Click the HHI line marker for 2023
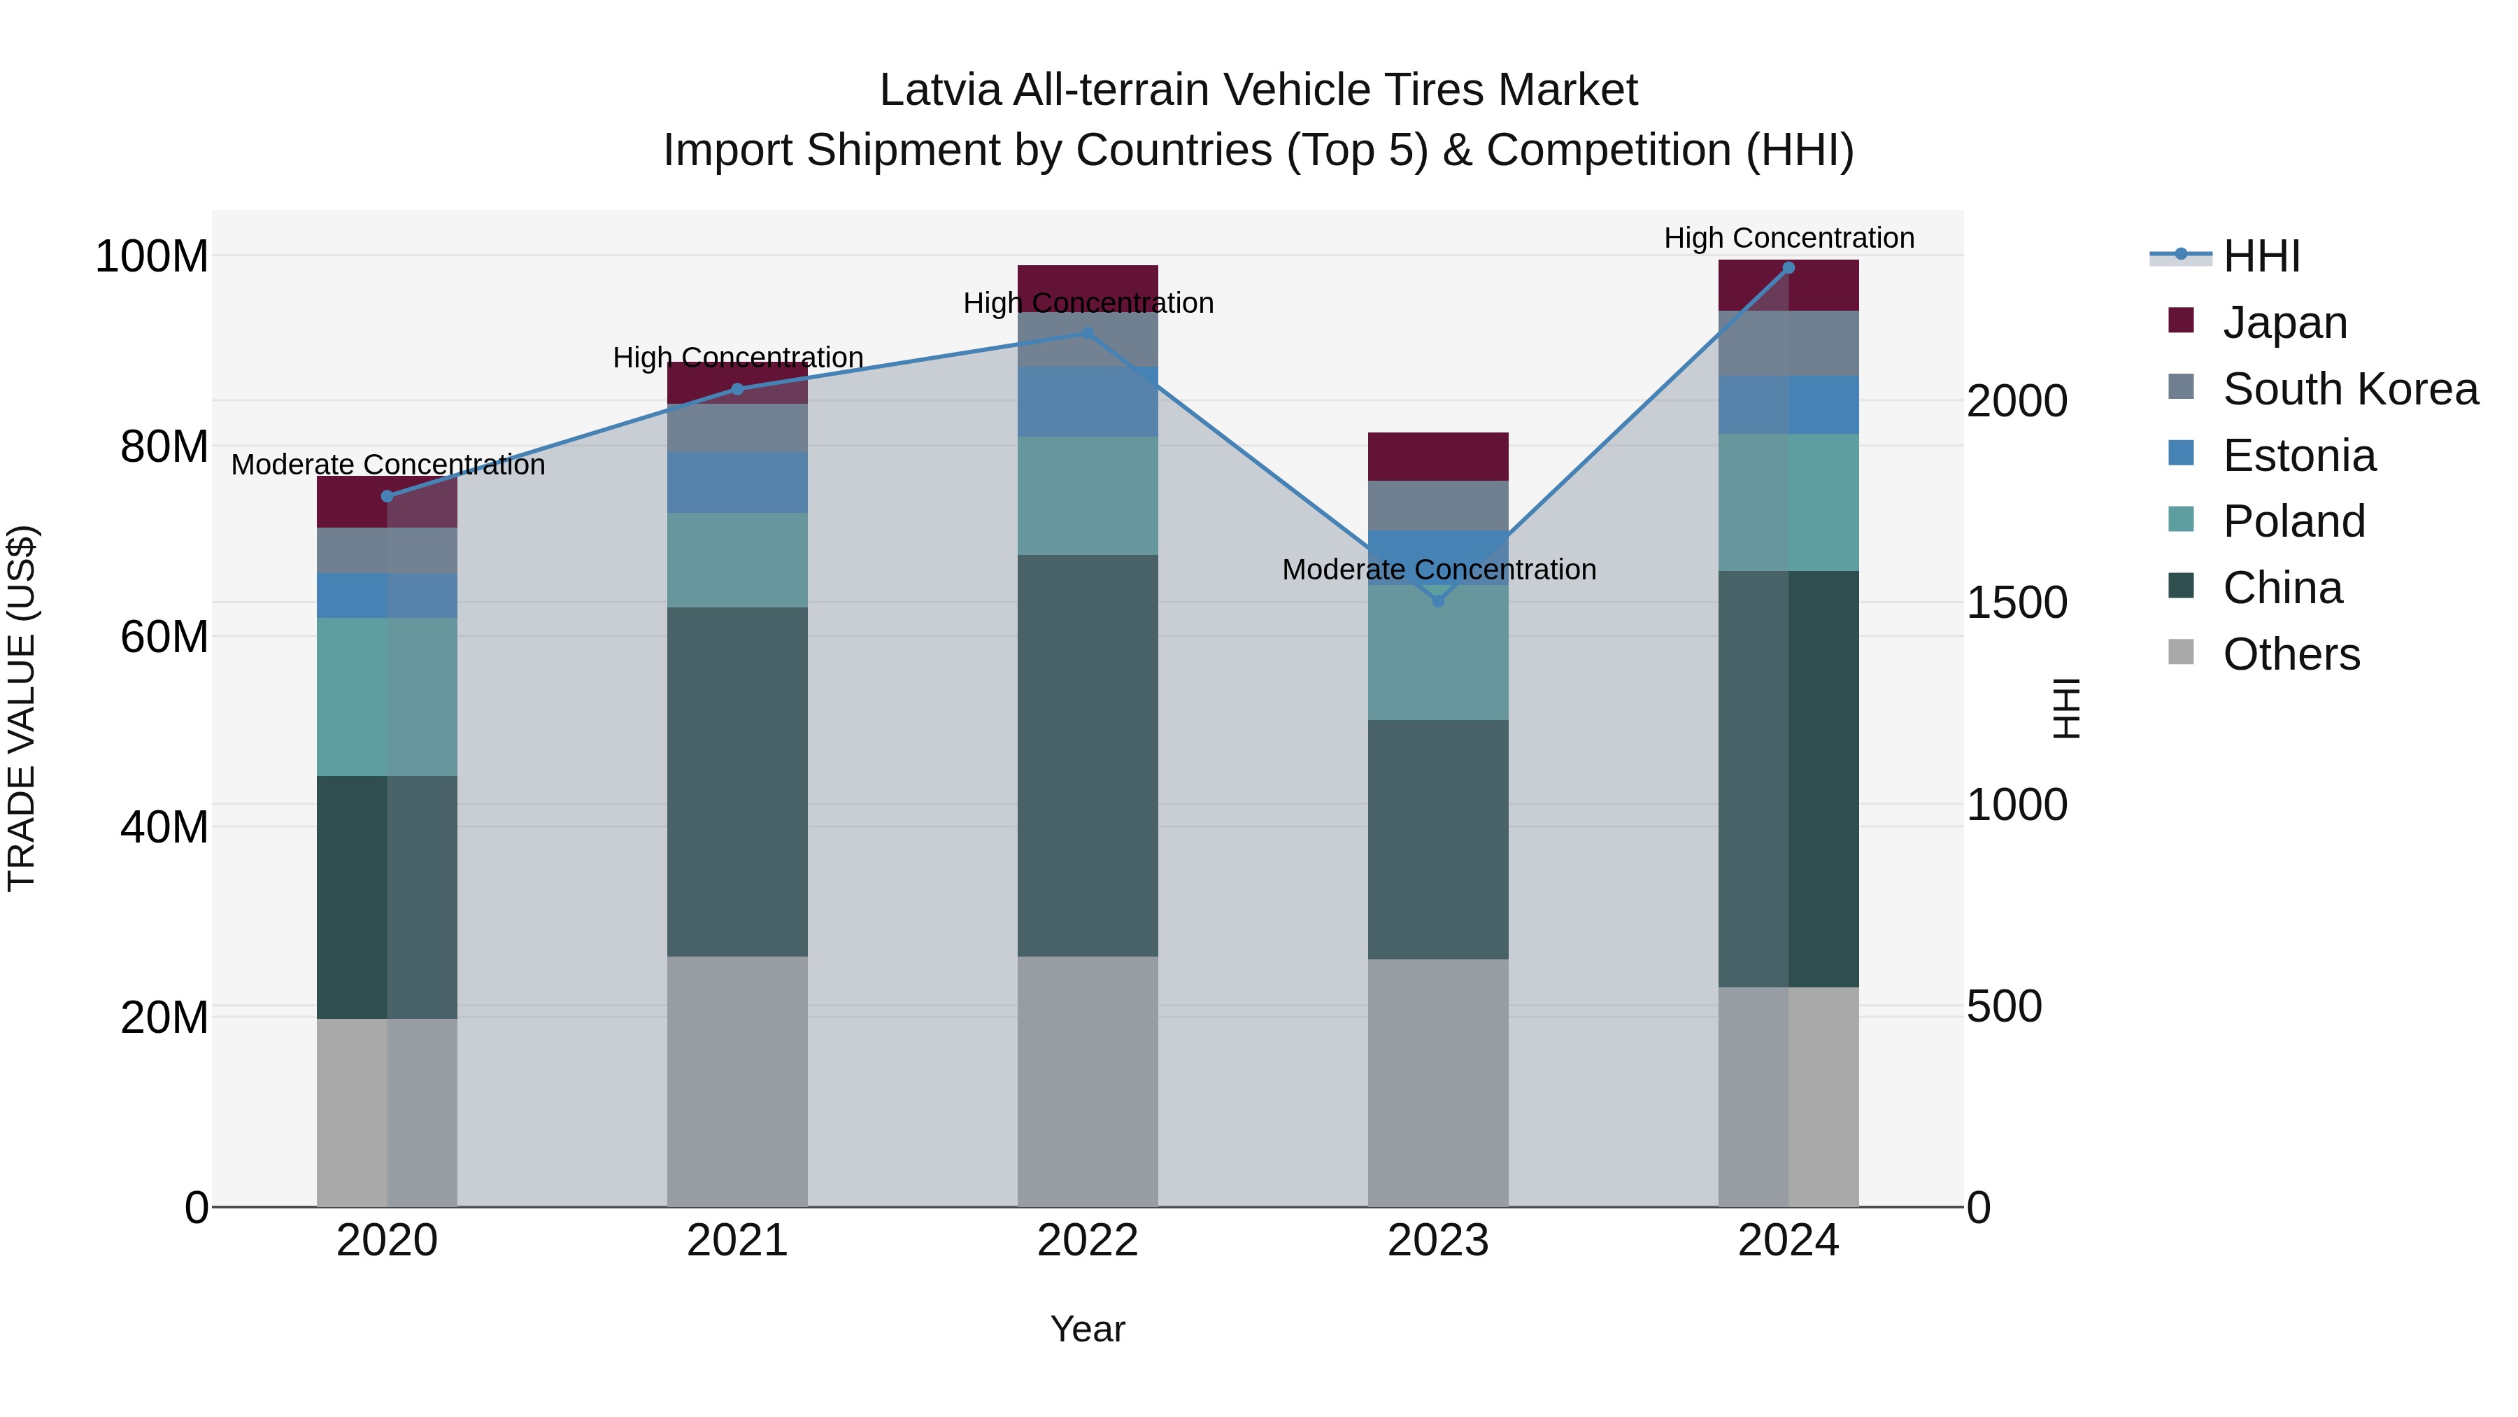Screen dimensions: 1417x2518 pos(1438,600)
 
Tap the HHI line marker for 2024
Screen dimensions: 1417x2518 pos(1788,268)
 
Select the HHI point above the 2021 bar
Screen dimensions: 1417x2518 pos(738,389)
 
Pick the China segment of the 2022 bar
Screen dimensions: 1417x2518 pos(1087,755)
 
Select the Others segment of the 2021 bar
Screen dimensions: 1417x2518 pos(738,1080)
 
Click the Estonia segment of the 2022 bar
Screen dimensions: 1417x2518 pos(1087,402)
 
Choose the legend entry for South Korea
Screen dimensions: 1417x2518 pos(2350,389)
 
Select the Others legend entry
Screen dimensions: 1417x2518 pos(2290,654)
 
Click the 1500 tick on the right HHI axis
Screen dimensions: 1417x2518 pos(2016,603)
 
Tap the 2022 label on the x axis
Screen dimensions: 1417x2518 pos(1087,1241)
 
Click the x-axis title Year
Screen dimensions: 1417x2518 pos(1087,1329)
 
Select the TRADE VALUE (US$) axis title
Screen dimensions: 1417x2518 pos(22,708)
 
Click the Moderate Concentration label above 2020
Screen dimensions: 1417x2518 pos(388,465)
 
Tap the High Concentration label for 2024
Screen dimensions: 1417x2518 pos(1788,238)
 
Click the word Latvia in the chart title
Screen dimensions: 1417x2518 pos(940,90)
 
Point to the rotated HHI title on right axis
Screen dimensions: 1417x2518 pos(2065,708)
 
